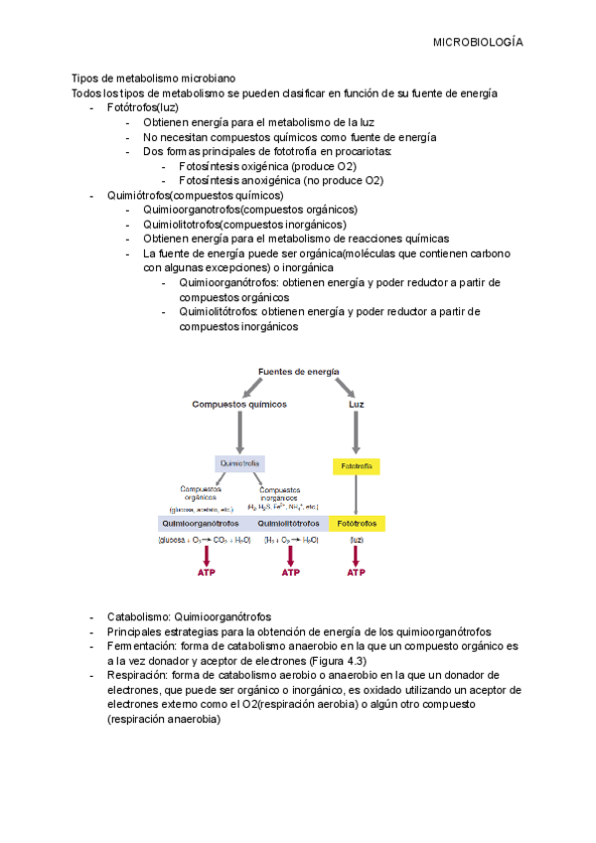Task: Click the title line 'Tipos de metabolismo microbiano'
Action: [153, 79]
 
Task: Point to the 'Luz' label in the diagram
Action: [356, 405]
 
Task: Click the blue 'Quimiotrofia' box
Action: [239, 463]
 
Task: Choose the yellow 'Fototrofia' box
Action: [356, 464]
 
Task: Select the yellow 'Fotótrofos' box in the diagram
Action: [358, 523]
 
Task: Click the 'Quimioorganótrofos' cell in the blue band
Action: [204, 523]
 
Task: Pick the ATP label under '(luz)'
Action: [356, 573]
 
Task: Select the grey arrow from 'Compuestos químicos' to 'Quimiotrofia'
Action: [239, 431]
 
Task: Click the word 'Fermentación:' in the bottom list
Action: [142, 645]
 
